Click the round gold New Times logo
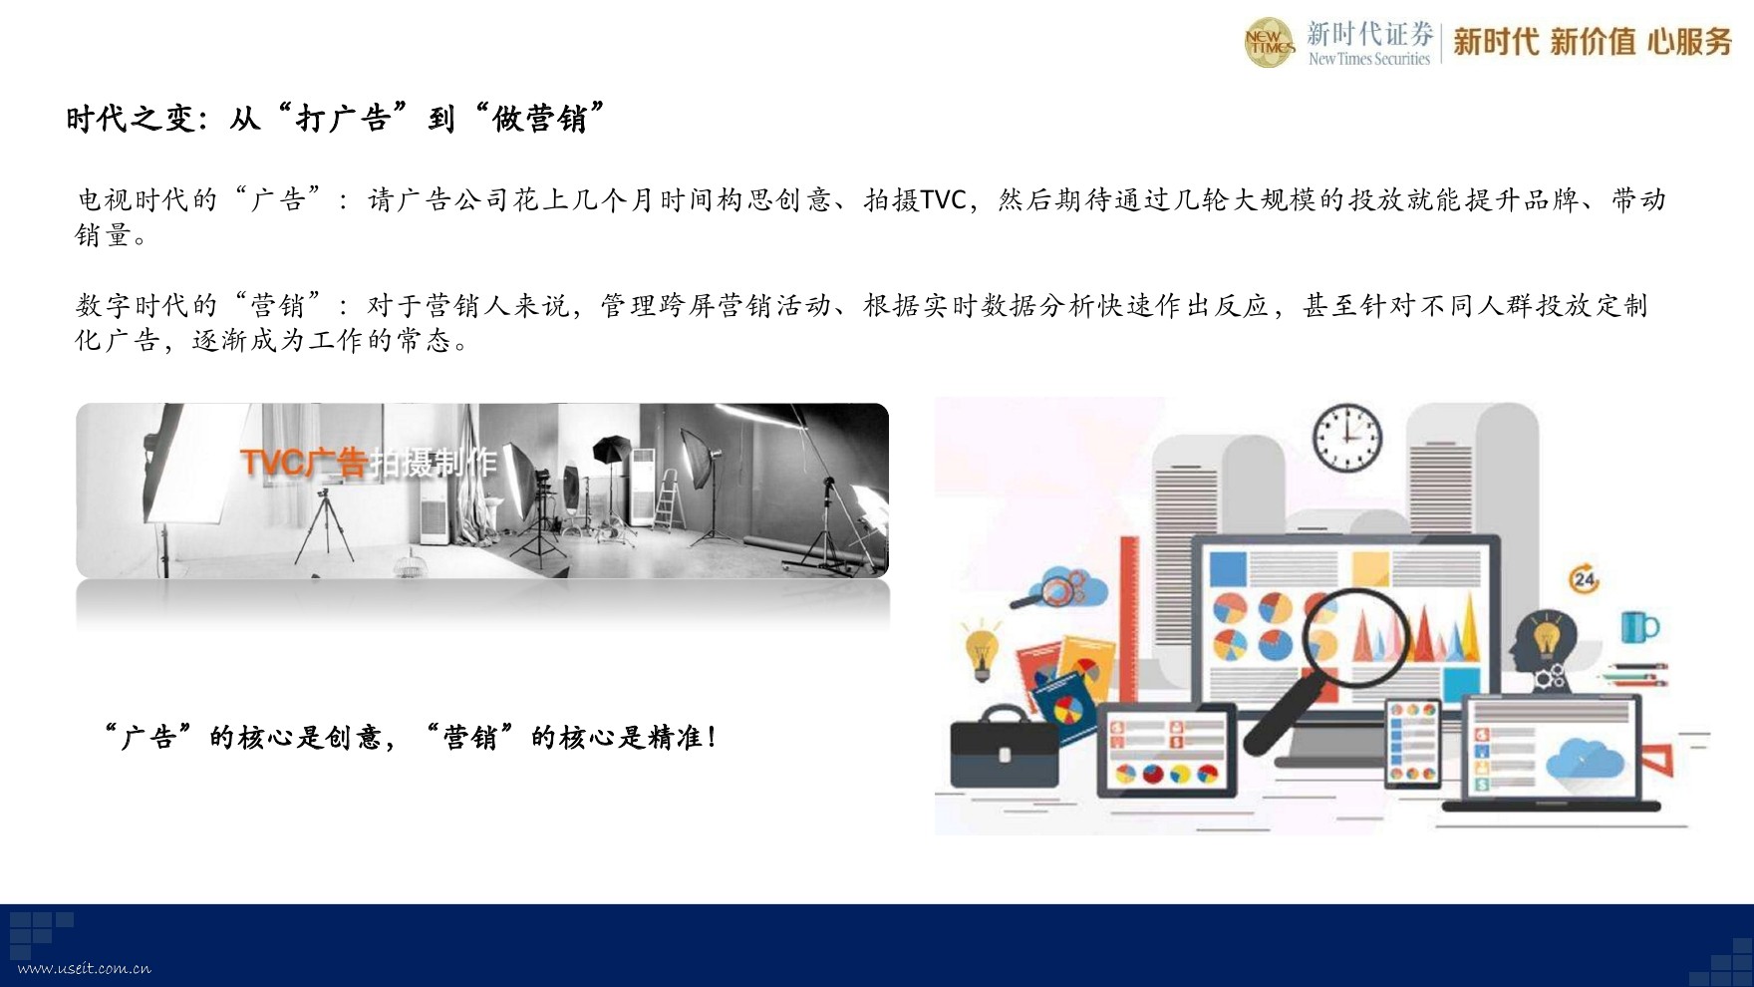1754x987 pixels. coord(1269,43)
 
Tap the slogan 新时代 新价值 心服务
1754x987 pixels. coord(1593,42)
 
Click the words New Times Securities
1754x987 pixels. coord(1369,59)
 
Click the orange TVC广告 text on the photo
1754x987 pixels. coord(304,463)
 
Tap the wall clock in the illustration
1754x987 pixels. coord(1347,438)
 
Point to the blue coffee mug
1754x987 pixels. coord(1638,627)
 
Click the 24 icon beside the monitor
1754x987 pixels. coord(1584,578)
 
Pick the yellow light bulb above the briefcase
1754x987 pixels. coord(982,649)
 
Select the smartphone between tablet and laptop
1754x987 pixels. coord(1412,743)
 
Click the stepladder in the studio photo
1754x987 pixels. coord(666,497)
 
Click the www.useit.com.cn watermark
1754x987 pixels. coord(85,968)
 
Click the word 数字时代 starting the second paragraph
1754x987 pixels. coord(132,305)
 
